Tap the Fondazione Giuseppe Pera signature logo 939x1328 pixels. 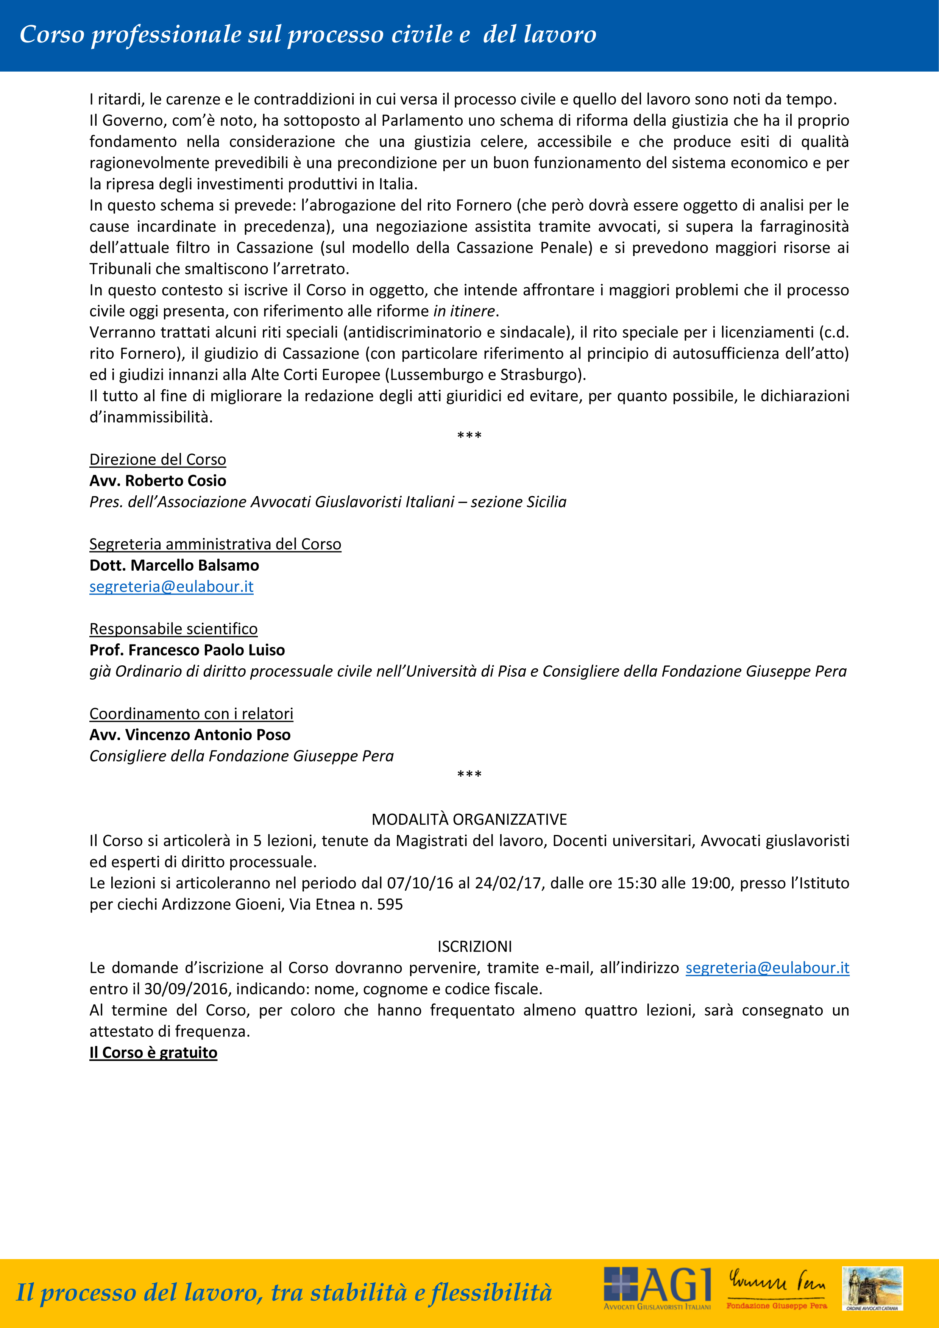click(777, 1287)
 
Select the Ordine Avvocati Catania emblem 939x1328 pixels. click(872, 1288)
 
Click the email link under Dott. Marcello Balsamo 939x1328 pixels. click(171, 587)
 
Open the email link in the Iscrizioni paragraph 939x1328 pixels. click(767, 968)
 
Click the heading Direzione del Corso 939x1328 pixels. click(157, 459)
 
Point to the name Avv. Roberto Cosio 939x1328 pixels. click(157, 481)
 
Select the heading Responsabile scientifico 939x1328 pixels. click(173, 629)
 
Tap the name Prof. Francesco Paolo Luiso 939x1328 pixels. click(187, 650)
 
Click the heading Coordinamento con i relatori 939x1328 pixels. click(191, 714)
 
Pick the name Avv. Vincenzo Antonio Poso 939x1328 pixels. click(190, 735)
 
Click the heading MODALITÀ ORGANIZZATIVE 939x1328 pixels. click(469, 819)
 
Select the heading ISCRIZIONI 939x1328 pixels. click(474, 946)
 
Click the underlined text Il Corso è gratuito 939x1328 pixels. click(153, 1053)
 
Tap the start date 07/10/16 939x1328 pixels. click(420, 883)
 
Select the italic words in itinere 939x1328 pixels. click(464, 311)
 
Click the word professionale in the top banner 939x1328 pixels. click(166, 35)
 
